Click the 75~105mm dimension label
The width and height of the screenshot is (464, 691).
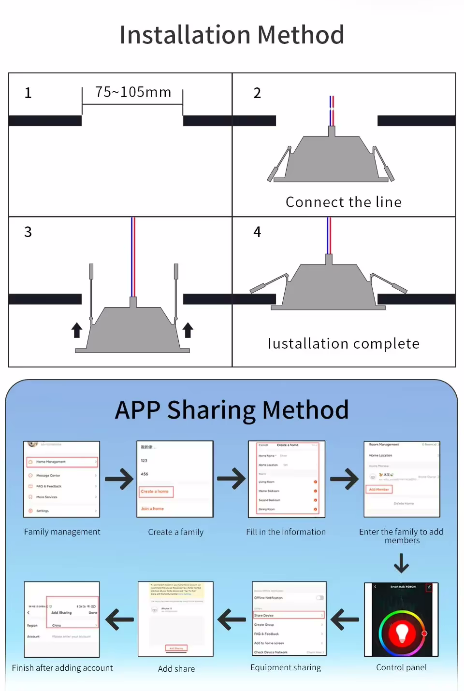click(x=133, y=92)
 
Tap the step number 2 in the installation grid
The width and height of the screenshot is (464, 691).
click(x=257, y=93)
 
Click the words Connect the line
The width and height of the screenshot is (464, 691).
click(x=344, y=202)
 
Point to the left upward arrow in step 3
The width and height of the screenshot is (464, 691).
click(x=77, y=330)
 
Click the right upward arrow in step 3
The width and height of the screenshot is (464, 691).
click(x=188, y=330)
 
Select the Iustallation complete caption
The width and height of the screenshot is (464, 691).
click(x=344, y=343)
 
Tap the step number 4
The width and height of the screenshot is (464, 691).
click(x=257, y=232)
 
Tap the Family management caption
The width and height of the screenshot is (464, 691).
click(x=62, y=532)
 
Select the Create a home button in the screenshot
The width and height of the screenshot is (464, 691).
click(x=156, y=492)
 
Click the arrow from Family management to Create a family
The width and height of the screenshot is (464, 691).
click(x=119, y=479)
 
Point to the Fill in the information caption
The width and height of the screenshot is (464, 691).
click(x=286, y=532)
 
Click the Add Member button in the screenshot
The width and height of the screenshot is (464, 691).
click(x=379, y=489)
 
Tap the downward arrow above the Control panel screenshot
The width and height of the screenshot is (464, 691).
click(x=401, y=563)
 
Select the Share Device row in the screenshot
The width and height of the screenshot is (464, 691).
click(x=289, y=615)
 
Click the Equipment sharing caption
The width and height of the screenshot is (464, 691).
click(x=286, y=667)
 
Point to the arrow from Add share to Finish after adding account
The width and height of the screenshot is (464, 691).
click(x=119, y=620)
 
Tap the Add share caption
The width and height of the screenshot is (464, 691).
click(x=176, y=669)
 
